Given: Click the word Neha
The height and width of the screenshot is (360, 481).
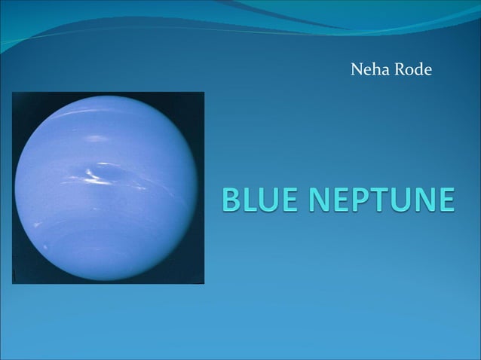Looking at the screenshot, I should [368, 71].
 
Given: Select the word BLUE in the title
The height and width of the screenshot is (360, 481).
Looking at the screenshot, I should [260, 200].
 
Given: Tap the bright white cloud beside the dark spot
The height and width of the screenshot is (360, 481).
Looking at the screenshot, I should [92, 174].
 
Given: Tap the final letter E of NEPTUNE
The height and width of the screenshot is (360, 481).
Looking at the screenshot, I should [445, 200].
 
